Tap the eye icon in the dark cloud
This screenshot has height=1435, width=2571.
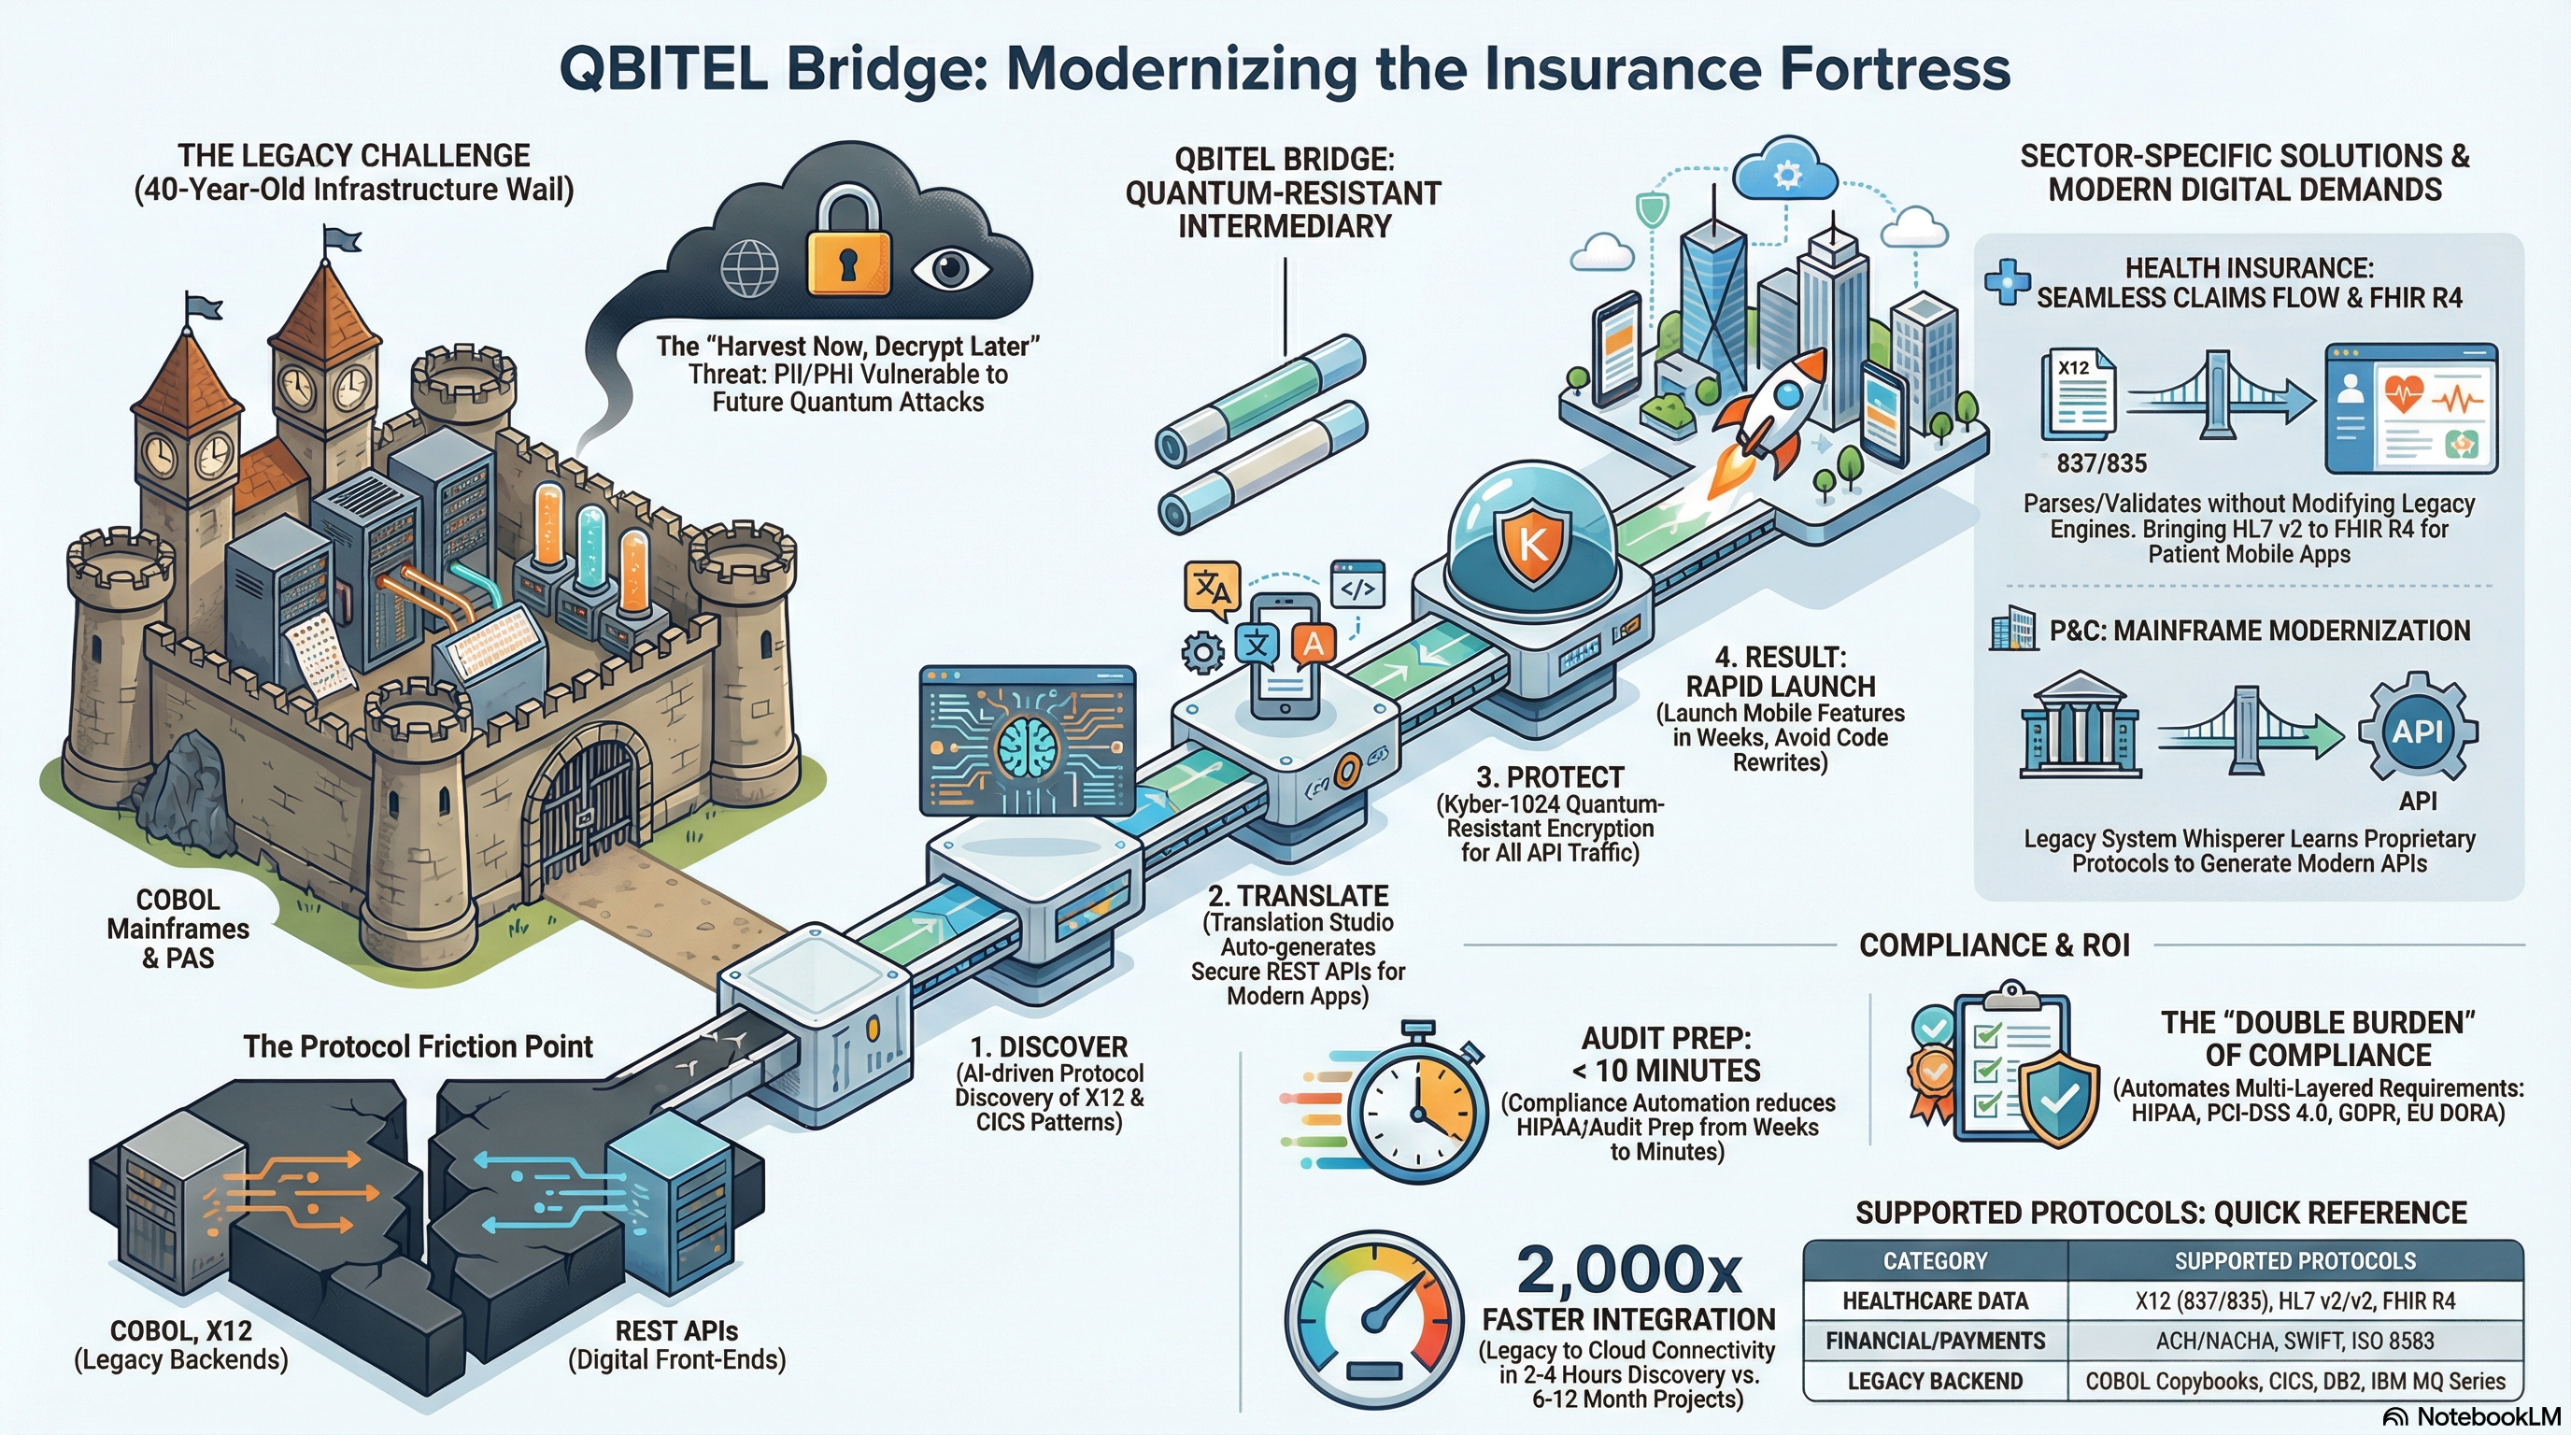click(x=950, y=268)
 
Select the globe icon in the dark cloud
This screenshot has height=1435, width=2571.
click(x=748, y=268)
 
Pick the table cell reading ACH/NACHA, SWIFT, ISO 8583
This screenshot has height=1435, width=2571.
click(x=2294, y=1342)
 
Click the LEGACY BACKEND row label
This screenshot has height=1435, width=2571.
click(x=1934, y=1381)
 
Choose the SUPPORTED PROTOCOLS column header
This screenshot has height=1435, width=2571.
click(x=2294, y=1261)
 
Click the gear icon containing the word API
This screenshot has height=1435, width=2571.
click(x=2416, y=732)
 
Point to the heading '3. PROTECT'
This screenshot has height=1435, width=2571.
click(x=1550, y=777)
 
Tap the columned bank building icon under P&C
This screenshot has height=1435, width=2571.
click(x=2080, y=726)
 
